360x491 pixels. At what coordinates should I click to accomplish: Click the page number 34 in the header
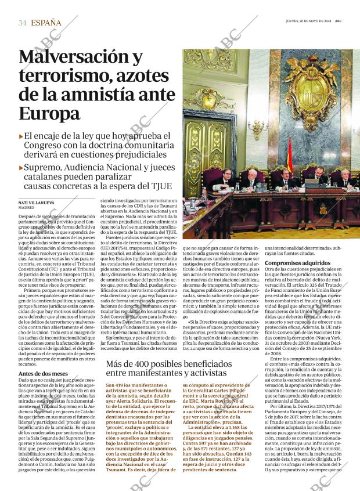coord(23,23)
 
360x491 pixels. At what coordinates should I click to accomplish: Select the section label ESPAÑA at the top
coord(46,23)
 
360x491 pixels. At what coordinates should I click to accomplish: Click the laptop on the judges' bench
coord(312,182)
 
